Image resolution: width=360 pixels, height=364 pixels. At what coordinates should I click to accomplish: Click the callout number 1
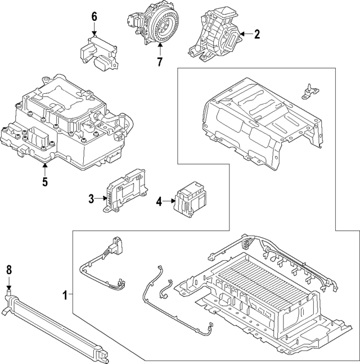(66, 294)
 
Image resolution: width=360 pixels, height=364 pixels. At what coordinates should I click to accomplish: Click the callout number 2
(256, 35)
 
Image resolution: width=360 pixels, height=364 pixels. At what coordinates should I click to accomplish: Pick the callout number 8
(8, 270)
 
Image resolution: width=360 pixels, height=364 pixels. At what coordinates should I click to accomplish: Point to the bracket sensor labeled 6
(99, 51)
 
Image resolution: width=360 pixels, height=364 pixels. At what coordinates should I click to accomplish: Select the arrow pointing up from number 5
(44, 169)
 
